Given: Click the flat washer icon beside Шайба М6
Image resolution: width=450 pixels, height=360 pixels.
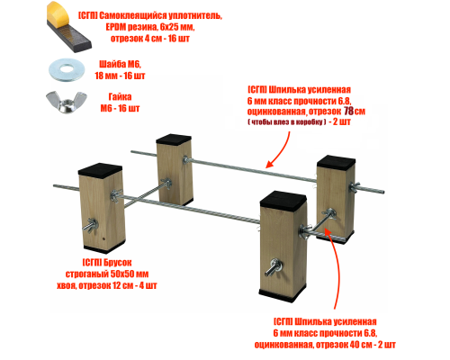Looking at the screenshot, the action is [67, 70].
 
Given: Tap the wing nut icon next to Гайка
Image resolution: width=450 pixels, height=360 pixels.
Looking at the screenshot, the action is [67, 102].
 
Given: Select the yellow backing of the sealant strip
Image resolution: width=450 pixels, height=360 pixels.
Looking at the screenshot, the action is [58, 13].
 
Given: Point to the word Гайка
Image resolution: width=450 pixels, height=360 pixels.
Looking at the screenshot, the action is [120, 96].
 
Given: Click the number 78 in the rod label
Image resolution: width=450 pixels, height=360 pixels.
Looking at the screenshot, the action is [348, 112].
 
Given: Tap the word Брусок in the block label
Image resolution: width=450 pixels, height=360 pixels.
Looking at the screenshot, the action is [118, 263].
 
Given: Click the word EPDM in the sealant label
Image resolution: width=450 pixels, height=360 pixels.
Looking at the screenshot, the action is [116, 27].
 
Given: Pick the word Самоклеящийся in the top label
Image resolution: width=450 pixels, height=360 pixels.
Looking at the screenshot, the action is [133, 16].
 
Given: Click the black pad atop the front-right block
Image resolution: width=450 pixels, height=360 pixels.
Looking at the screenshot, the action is [283, 199].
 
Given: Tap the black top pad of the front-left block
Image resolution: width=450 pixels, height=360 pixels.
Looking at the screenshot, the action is [100, 170].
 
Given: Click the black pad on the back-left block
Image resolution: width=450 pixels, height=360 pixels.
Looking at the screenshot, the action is [174, 139].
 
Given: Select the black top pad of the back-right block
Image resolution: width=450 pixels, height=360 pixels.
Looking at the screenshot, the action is [337, 161].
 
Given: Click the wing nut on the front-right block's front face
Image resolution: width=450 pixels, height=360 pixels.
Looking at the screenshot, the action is [274, 267].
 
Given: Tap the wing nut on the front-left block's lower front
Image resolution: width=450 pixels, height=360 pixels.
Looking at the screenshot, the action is [90, 225].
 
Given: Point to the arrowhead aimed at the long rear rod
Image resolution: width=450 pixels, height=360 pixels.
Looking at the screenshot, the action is [271, 163].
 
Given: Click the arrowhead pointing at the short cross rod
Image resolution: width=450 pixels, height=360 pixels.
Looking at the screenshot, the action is [327, 231].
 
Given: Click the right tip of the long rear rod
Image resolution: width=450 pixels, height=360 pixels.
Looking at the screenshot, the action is [383, 192].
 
